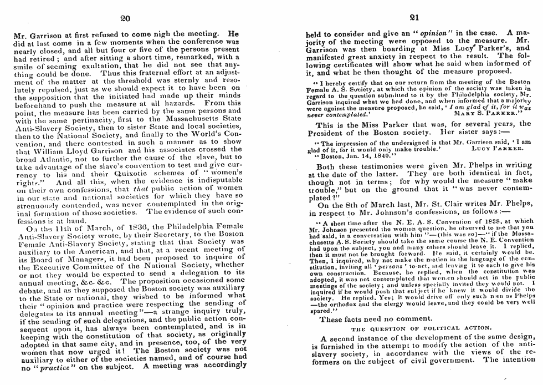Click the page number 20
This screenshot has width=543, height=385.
tap(125, 18)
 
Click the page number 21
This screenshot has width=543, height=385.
tap(412, 18)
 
